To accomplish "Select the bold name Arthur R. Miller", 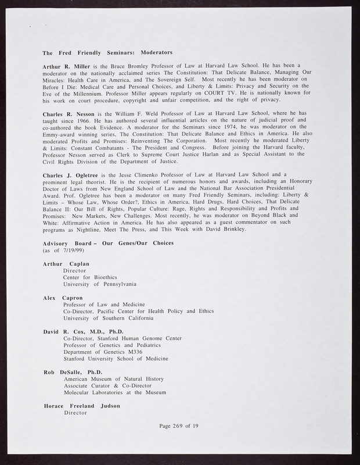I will click(66, 67).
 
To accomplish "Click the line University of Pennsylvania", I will click(100, 284).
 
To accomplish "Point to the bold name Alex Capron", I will click(63, 298).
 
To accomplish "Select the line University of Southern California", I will click(108, 318).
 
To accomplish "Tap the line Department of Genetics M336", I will click(102, 352).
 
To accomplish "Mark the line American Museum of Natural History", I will click(113, 379).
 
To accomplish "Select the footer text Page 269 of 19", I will click(179, 427).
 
